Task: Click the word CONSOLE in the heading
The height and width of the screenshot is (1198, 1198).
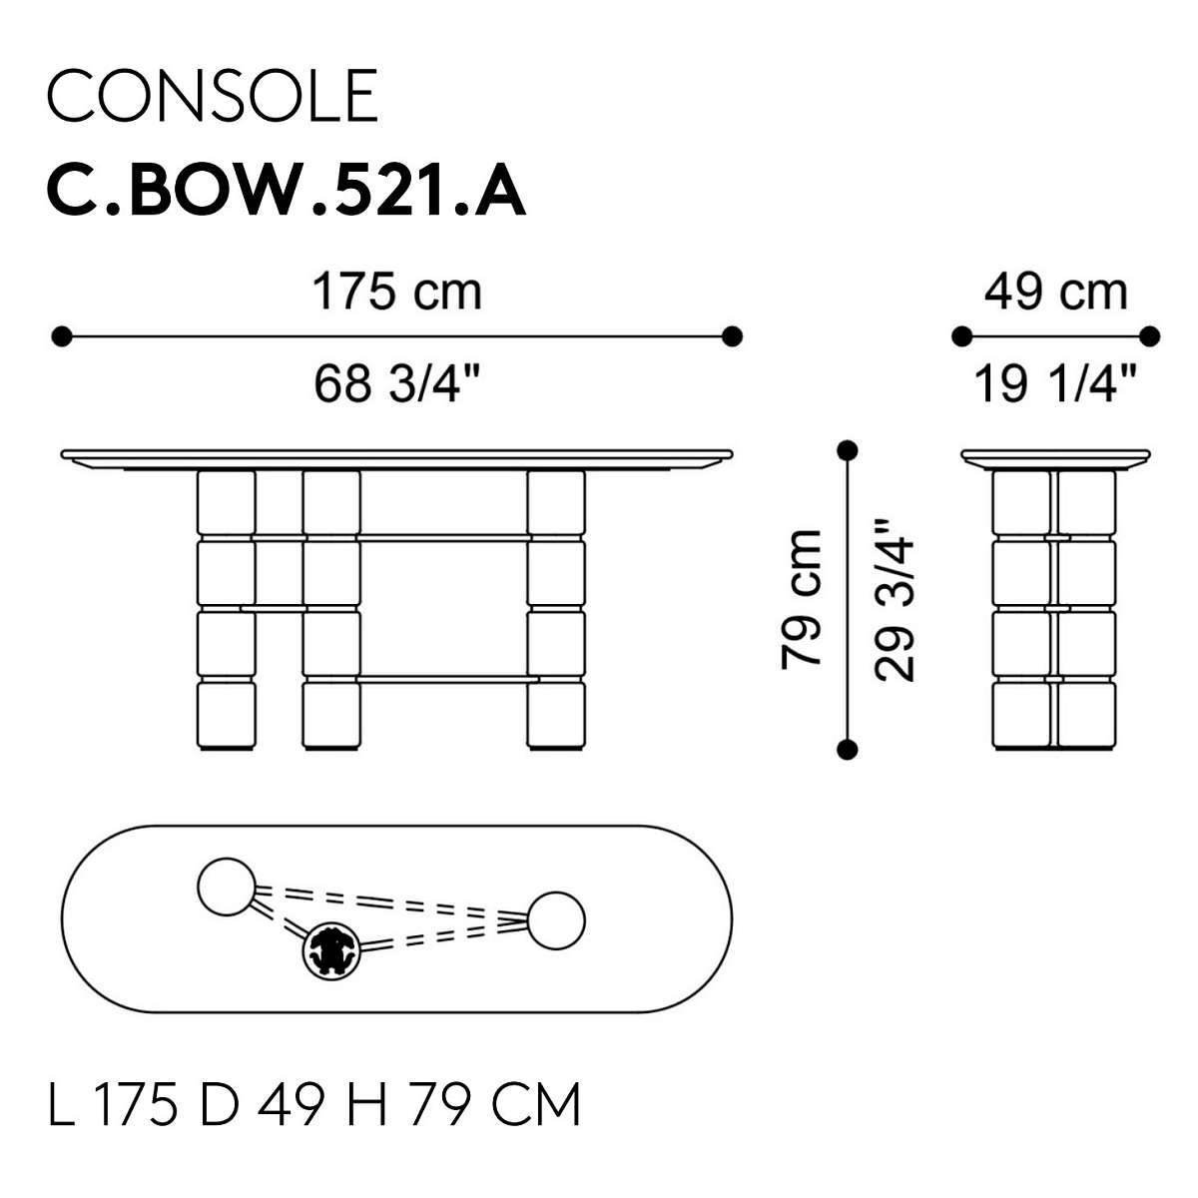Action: point(213,96)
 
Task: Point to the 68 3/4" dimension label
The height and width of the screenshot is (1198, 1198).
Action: point(396,383)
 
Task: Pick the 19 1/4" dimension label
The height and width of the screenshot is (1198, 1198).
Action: point(1055,383)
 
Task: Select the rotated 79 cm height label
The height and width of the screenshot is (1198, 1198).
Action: point(803,599)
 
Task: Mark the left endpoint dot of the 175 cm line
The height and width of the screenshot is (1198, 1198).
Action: point(62,336)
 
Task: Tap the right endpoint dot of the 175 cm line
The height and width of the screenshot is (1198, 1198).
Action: point(733,336)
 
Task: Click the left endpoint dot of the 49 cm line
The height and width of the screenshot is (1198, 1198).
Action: point(961,336)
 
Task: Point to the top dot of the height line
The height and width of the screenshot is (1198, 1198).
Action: point(848,450)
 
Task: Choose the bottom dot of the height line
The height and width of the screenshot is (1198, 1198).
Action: point(848,749)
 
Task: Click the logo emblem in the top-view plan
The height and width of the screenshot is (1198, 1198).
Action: point(331,951)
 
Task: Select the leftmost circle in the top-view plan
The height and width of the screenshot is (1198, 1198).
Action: point(227,888)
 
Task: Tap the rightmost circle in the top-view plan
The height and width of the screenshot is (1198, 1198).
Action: point(556,920)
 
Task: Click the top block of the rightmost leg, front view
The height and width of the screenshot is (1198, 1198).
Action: point(556,502)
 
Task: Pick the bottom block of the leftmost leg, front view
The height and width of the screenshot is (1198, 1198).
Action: point(227,715)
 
